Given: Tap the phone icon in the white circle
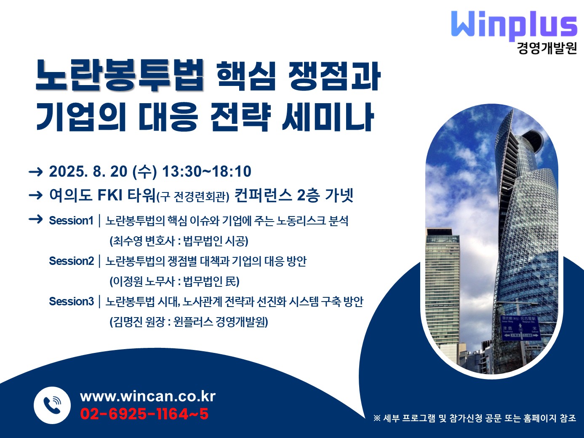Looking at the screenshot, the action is click(52, 405).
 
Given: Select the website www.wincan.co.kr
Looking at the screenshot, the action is click(148, 396).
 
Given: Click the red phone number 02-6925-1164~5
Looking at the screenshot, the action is click(144, 414).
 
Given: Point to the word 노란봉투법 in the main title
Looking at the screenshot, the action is click(120, 75).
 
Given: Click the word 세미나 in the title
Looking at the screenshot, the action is click(328, 117).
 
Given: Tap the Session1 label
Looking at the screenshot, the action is click(71, 221).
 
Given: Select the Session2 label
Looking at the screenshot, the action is click(72, 261).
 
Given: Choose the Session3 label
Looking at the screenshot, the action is click(72, 302).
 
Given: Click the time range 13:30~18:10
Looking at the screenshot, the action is click(207, 171).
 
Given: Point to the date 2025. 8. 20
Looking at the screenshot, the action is click(88, 171).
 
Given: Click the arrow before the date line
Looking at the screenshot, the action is click(36, 172).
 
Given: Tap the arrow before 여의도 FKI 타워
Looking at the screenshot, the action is click(36, 195).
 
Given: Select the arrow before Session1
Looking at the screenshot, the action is click(36, 219).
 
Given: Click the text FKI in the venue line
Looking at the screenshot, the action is click(110, 195).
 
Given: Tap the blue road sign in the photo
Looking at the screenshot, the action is click(521, 328).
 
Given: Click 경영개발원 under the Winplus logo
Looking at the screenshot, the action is click(547, 48).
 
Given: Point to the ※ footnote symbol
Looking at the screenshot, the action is click(377, 418).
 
